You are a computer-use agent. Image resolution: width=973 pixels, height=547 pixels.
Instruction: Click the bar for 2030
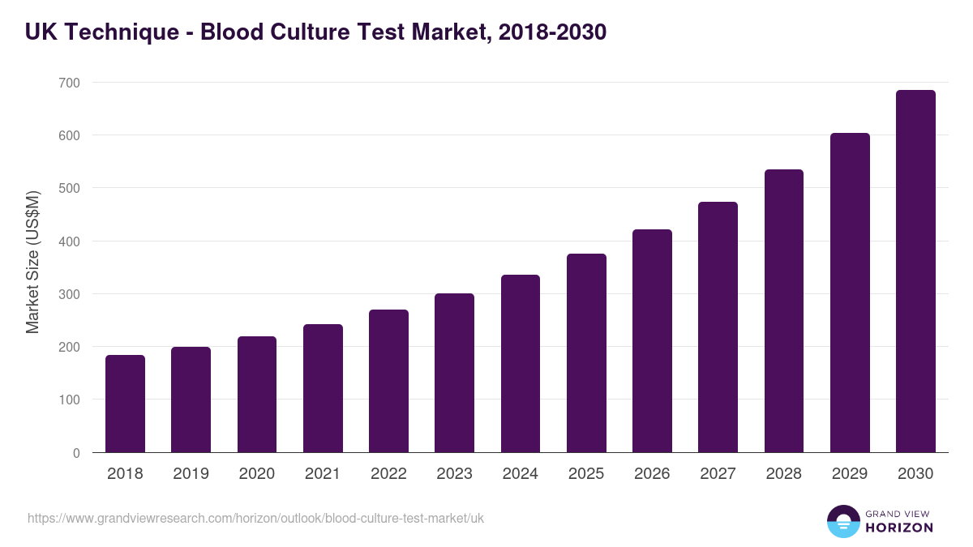tap(915, 271)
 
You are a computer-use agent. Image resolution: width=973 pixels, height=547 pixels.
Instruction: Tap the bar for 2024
tap(521, 364)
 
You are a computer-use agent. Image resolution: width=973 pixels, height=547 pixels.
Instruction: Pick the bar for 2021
tap(323, 388)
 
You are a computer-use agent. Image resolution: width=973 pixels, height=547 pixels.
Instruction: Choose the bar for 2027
tap(718, 327)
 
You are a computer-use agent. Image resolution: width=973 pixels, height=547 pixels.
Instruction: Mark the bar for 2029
tap(850, 293)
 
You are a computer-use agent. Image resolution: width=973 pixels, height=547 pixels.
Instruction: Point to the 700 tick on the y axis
tap(69, 83)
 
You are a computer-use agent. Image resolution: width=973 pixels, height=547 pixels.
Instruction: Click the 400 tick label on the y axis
tap(69, 241)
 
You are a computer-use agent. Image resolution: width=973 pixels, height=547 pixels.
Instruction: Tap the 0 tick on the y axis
tap(76, 453)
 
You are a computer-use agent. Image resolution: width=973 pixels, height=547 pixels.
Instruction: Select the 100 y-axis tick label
tap(69, 400)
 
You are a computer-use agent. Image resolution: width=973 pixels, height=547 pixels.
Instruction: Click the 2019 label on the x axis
tap(191, 474)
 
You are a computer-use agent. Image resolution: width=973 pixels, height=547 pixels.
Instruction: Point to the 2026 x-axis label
tap(652, 474)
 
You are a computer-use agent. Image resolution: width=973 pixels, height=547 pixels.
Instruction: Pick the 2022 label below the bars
tap(388, 474)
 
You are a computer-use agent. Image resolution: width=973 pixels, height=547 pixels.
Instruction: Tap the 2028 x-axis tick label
tap(784, 474)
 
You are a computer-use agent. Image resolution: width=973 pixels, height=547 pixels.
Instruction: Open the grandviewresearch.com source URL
tap(255, 518)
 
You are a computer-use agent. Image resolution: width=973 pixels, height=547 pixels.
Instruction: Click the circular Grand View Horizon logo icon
tap(842, 521)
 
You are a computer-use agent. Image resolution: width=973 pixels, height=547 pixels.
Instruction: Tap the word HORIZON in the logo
tap(899, 528)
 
